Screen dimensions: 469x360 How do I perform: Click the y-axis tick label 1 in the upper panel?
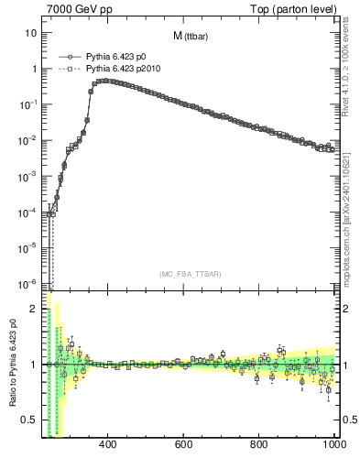click(34, 69)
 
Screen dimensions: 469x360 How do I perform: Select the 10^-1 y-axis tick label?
click(29, 104)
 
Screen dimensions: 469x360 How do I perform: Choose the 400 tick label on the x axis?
click(107, 444)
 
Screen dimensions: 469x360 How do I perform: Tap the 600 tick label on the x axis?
click(183, 444)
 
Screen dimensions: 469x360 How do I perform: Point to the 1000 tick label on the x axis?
click(333, 444)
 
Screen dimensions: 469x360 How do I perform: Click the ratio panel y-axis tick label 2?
click(34, 309)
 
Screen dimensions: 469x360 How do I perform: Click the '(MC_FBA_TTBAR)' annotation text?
click(190, 274)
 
